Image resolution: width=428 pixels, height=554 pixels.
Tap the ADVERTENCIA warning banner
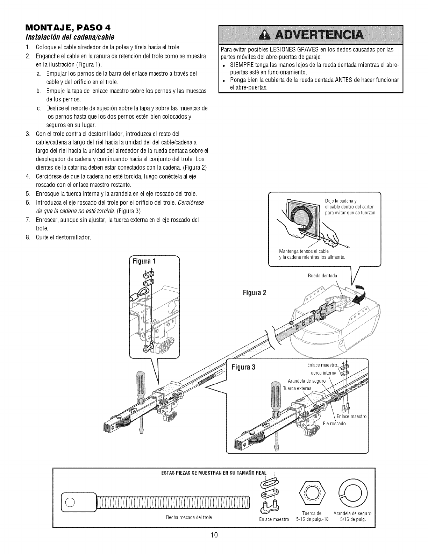[311, 35]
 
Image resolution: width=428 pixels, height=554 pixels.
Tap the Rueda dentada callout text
[322, 276]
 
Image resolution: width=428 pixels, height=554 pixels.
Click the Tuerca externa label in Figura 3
[297, 388]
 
